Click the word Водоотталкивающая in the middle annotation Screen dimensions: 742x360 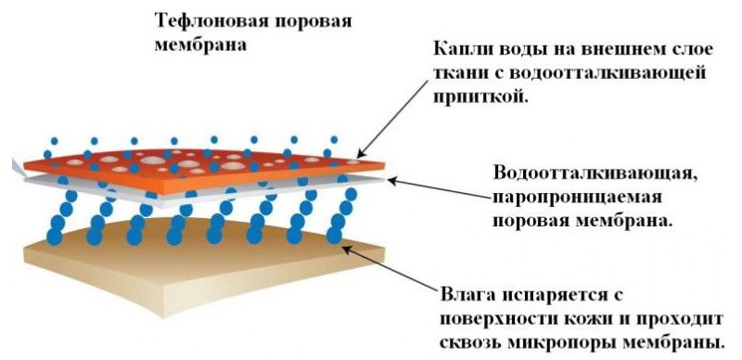click(x=595, y=174)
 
